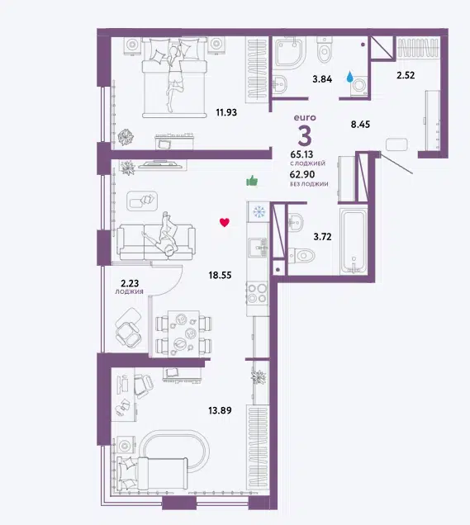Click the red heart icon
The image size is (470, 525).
[x=225, y=222]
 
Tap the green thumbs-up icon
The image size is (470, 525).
[x=252, y=181]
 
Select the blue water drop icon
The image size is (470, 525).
[x=349, y=77]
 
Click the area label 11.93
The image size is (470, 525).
[x=226, y=112]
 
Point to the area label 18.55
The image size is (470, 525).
[x=220, y=275]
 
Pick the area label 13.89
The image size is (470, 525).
[x=220, y=410]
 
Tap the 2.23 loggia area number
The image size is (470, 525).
[x=130, y=283]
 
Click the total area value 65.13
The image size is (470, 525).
[x=301, y=154]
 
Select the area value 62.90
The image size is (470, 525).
[x=302, y=174]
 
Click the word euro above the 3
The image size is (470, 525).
[x=305, y=117]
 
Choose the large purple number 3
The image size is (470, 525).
[x=305, y=136]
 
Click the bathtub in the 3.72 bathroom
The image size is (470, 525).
[x=354, y=241]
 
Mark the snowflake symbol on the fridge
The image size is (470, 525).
[x=259, y=211]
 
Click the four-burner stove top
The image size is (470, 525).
[x=257, y=293]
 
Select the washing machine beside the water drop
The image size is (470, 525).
[x=358, y=85]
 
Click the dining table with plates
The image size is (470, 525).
[x=183, y=333]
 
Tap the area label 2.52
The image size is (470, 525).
[x=406, y=75]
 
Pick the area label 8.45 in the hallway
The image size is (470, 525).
[x=360, y=125]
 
